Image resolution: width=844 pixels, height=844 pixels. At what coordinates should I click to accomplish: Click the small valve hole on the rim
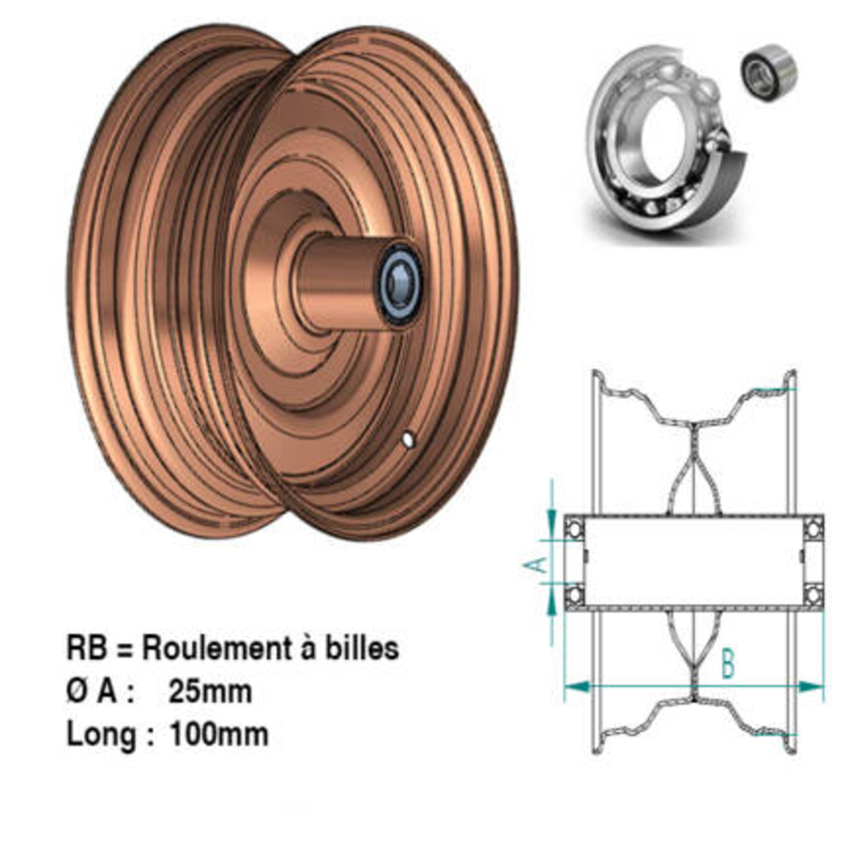pyautogui.click(x=408, y=439)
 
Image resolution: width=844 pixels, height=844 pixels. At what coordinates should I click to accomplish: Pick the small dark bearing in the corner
pyautogui.click(x=769, y=73)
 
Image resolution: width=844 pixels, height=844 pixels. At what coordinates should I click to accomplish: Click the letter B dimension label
pyautogui.click(x=728, y=664)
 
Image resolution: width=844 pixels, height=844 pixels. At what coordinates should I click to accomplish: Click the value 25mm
pyautogui.click(x=210, y=691)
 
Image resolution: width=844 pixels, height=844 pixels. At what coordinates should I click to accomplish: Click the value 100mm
pyautogui.click(x=219, y=733)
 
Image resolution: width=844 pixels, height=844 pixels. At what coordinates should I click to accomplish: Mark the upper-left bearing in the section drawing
pyautogui.click(x=574, y=528)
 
